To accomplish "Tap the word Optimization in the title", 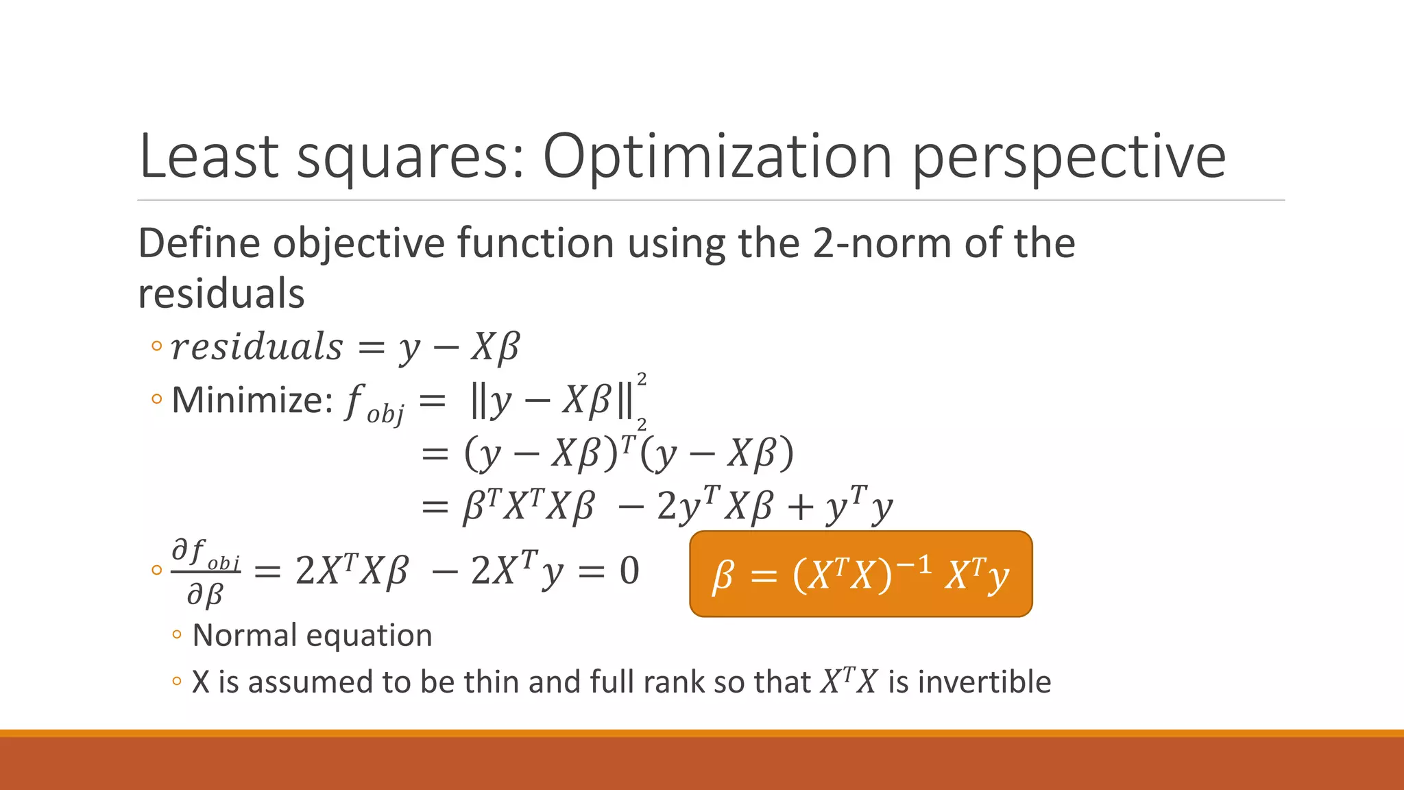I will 717,158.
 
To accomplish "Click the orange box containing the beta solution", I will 860,574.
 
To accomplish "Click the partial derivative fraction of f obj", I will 206,572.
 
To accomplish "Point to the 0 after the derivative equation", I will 629,571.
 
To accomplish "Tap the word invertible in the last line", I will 984,682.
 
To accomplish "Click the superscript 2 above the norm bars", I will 642,379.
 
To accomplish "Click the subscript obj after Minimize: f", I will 385,414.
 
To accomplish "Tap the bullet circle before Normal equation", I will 177,636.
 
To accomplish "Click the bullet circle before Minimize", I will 157,399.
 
